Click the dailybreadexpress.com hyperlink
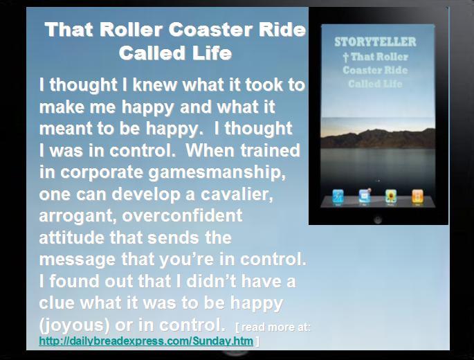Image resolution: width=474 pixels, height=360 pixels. [146, 341]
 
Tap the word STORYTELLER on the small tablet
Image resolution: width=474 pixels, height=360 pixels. [375, 42]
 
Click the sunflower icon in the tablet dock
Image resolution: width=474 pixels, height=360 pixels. [390, 197]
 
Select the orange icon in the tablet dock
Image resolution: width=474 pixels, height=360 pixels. [417, 197]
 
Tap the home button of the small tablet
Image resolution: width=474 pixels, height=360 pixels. [378, 219]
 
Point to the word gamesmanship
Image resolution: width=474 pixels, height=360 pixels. [217, 173]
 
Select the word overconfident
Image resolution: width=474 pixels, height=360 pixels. [182, 216]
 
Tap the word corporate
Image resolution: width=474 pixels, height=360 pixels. [102, 173]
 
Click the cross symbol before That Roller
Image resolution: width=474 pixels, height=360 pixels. [346, 57]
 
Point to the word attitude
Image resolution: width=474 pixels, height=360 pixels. [72, 237]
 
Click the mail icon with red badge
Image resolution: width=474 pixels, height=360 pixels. [365, 196]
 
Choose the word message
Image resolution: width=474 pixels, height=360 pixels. [77, 260]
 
